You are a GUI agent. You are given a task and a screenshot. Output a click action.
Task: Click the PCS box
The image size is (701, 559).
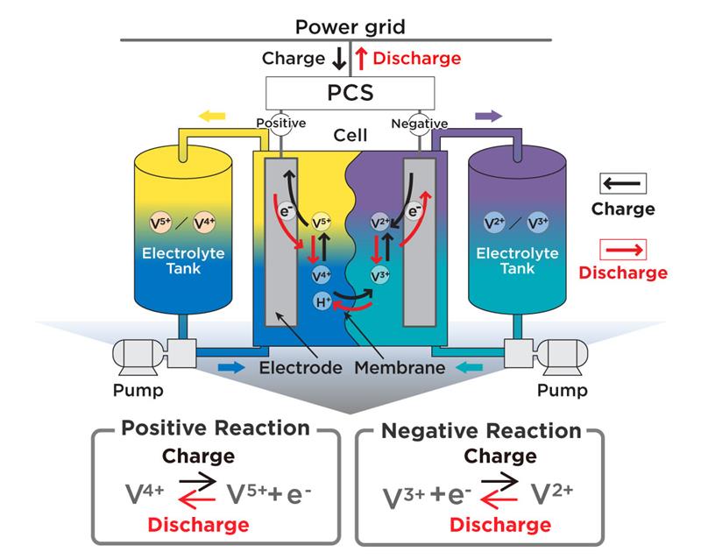[x=350, y=91]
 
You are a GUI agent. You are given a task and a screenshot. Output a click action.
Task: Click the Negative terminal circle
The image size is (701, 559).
[x=419, y=124]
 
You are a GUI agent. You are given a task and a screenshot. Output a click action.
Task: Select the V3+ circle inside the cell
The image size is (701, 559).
[x=379, y=276]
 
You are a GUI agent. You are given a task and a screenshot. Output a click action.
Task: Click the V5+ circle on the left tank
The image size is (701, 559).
[x=159, y=223]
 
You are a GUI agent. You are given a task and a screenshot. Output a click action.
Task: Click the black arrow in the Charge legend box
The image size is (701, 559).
[x=623, y=183]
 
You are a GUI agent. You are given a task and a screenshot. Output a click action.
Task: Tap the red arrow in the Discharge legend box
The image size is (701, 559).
[x=623, y=249]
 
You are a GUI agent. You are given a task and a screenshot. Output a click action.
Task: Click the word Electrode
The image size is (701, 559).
[x=301, y=367]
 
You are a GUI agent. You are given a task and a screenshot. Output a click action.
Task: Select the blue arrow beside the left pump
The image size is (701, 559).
[x=231, y=366]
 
